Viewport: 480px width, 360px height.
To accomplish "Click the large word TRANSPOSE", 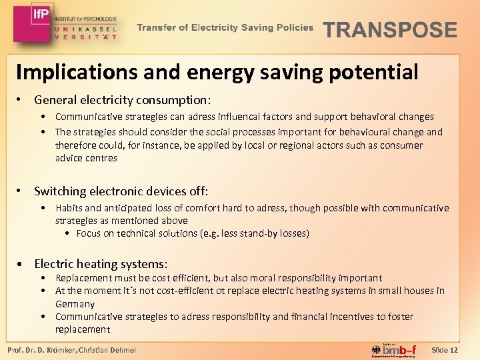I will (390, 30).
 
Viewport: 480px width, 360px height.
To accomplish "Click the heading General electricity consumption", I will (122, 100).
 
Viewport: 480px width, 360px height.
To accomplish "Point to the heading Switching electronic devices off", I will (121, 191).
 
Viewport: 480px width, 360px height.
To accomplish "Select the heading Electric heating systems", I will (101, 264).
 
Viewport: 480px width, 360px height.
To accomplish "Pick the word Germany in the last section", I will (75, 304).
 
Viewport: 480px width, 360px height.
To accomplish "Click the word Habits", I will (69, 208).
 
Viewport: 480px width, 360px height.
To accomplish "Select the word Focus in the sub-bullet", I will (89, 233).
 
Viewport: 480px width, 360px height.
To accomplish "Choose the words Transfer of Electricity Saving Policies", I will (225, 27).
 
